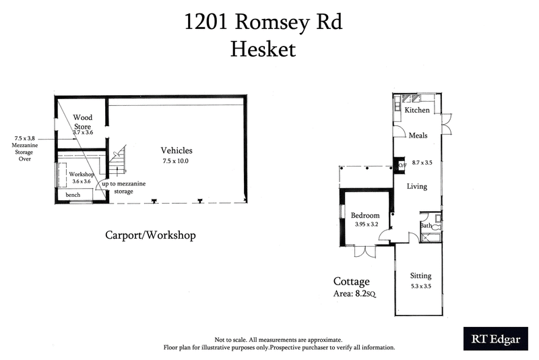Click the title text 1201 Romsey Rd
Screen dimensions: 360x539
263,22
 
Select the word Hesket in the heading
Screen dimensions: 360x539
263,49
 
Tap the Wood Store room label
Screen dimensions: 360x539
83,121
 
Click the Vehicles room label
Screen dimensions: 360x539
177,150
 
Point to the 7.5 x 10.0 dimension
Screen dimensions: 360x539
177,162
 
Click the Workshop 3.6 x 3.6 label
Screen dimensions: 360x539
82,177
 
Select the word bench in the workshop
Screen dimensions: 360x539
73,195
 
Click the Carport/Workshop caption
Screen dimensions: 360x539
150,235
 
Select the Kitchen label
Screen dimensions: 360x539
416,110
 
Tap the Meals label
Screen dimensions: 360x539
418,136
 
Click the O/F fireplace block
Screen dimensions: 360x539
402,165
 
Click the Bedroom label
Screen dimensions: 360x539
365,216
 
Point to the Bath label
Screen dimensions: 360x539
426,225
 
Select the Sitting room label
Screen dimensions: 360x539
420,276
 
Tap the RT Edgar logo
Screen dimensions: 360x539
495,339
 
